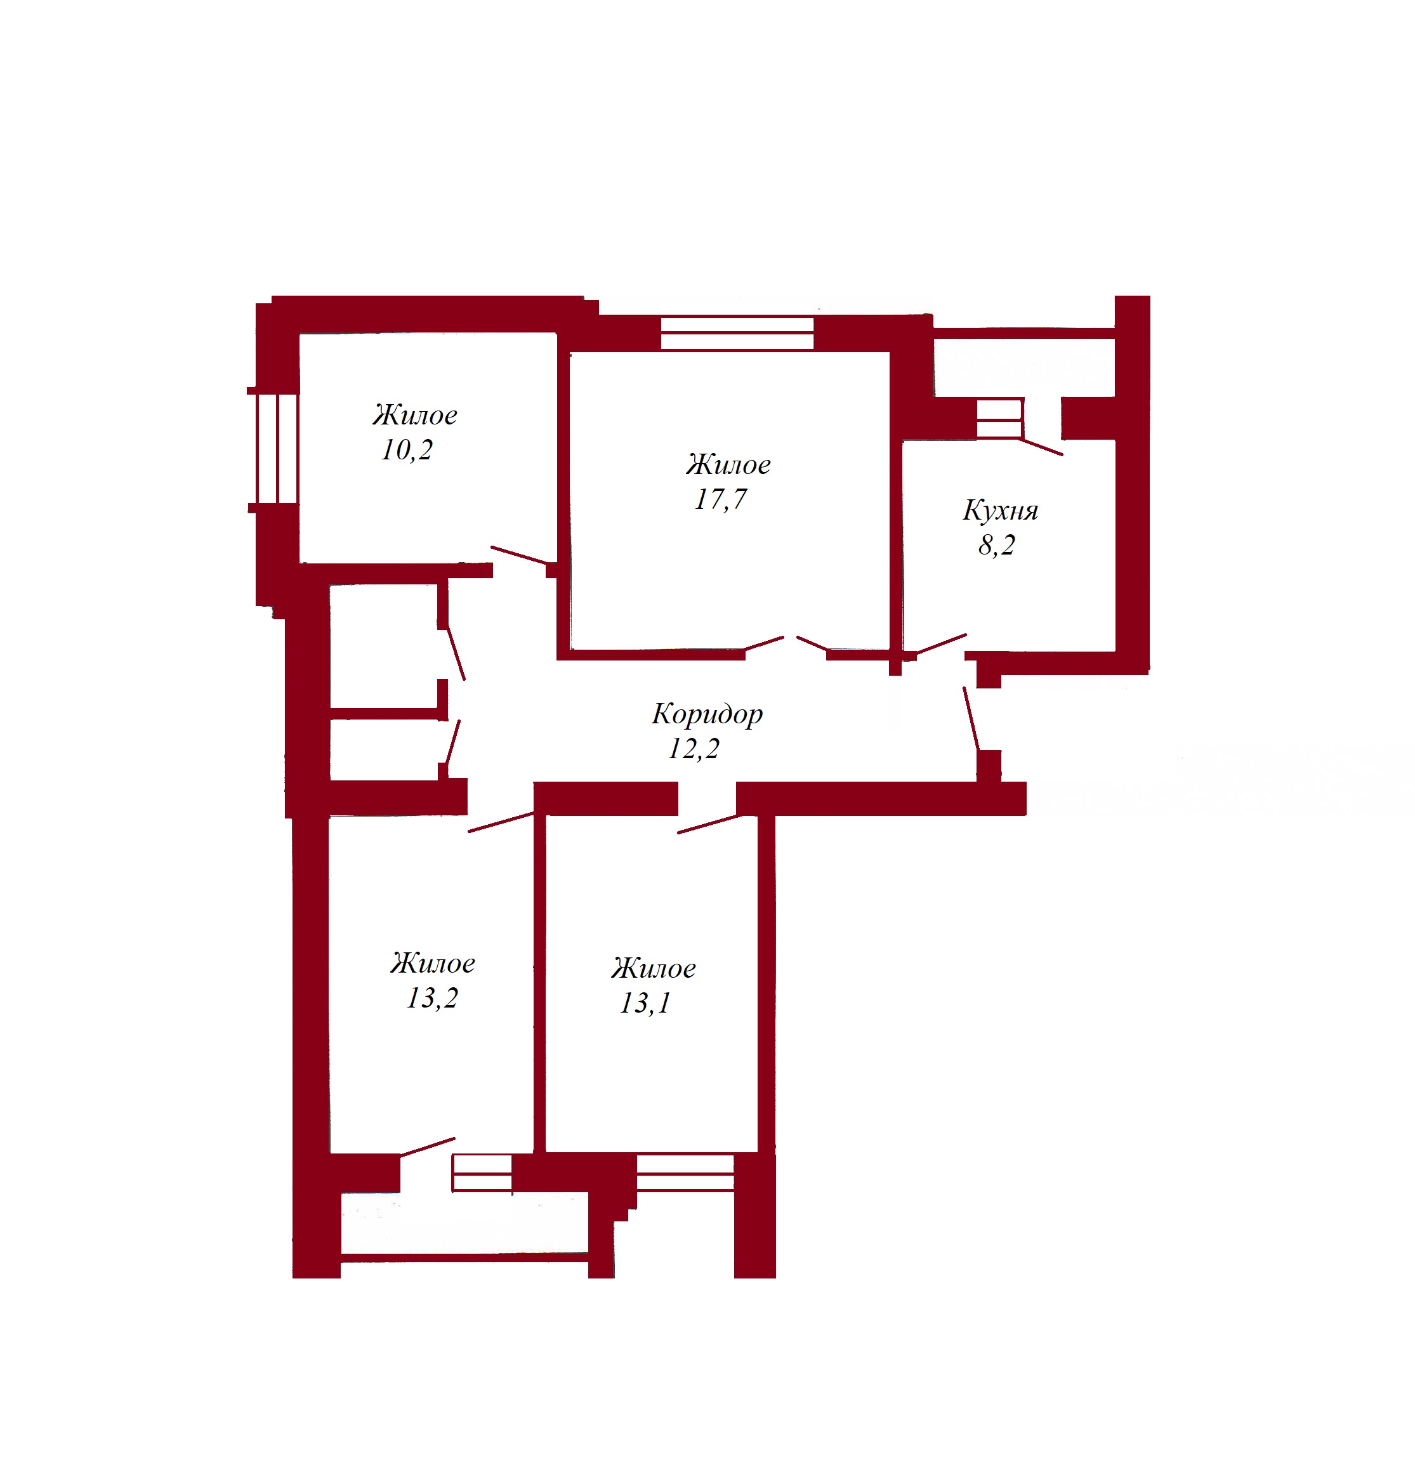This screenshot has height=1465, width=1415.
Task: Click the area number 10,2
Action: tap(407, 450)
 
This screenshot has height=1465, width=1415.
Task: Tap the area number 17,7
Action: tap(721, 499)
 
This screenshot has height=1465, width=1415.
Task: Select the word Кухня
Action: tap(1000, 511)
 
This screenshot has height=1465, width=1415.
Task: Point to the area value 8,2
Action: tap(996, 545)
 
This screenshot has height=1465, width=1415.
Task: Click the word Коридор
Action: tap(707, 714)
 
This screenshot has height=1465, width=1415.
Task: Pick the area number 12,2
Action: tap(694, 748)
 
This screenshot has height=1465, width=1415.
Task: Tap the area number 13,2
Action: tap(432, 999)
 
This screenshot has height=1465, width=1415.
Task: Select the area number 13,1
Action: tap(645, 1003)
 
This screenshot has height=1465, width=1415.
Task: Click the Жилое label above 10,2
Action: tap(415, 415)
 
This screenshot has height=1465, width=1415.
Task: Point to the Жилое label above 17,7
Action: tap(728, 465)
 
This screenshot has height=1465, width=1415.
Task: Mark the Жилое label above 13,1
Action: tap(654, 969)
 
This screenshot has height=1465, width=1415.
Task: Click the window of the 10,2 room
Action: tap(277, 449)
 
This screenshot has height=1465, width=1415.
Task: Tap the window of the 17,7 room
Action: tap(737, 333)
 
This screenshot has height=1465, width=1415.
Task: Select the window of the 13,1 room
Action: tap(685, 1173)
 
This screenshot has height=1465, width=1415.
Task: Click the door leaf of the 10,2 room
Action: tap(519, 555)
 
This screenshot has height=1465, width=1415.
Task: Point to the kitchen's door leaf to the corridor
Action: tap(941, 644)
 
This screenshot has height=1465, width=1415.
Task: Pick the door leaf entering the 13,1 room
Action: tap(710, 824)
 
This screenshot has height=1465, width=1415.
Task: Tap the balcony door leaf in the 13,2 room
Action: tap(428, 1147)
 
